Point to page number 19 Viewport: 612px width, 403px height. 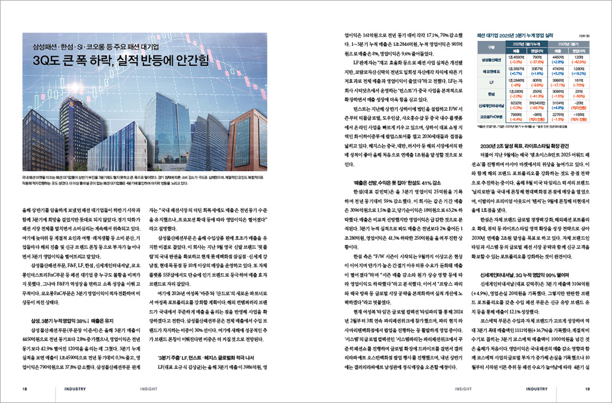point(588,389)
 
